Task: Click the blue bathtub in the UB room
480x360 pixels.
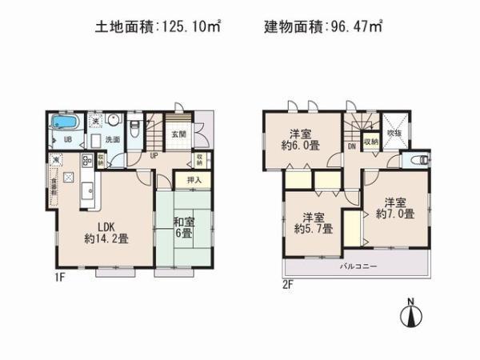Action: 63,124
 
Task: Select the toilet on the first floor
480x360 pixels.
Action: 135,127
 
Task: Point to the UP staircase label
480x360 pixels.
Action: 154,156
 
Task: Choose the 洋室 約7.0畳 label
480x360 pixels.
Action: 398,208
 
